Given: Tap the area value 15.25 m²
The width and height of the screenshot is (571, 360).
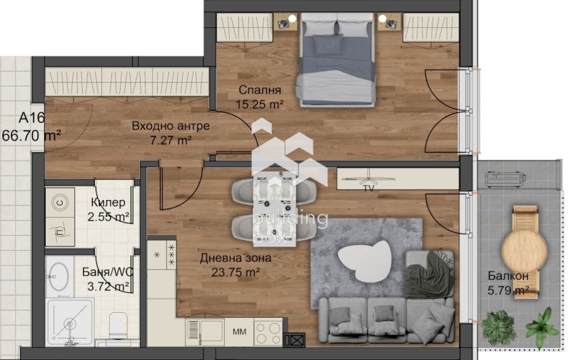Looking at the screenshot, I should pyautogui.click(x=260, y=104).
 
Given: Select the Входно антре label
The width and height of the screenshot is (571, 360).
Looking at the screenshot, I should pyautogui.click(x=171, y=126).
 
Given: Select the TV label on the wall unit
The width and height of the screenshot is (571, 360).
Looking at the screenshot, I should pyautogui.click(x=368, y=189).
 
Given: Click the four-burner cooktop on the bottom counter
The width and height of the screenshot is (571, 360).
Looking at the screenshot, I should pyautogui.click(x=268, y=332).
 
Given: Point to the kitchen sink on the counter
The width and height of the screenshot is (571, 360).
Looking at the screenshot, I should pyautogui.click(x=204, y=332).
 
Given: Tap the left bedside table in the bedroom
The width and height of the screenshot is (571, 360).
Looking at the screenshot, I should pyautogui.click(x=287, y=24).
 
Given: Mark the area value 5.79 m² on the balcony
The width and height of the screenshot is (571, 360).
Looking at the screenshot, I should pyautogui.click(x=508, y=290).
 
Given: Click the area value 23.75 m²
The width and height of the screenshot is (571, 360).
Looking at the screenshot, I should pyautogui.click(x=229, y=272).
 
